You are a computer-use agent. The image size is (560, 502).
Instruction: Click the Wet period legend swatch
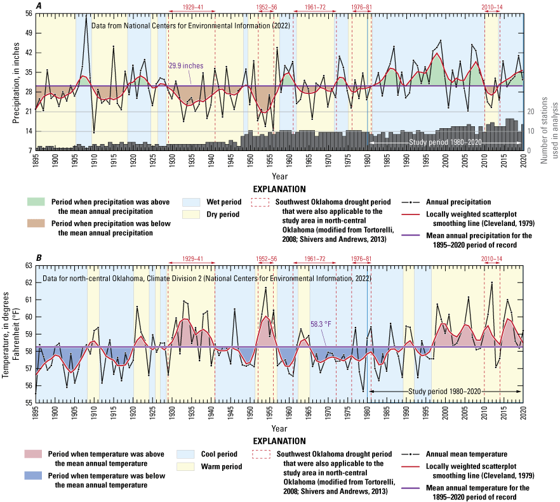click(190, 202)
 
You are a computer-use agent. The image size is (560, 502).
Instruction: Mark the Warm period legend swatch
click(190, 468)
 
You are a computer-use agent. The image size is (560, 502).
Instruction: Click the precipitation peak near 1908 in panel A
click(86, 17)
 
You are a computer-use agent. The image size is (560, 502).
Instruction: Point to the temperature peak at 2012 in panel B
click(491, 282)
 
